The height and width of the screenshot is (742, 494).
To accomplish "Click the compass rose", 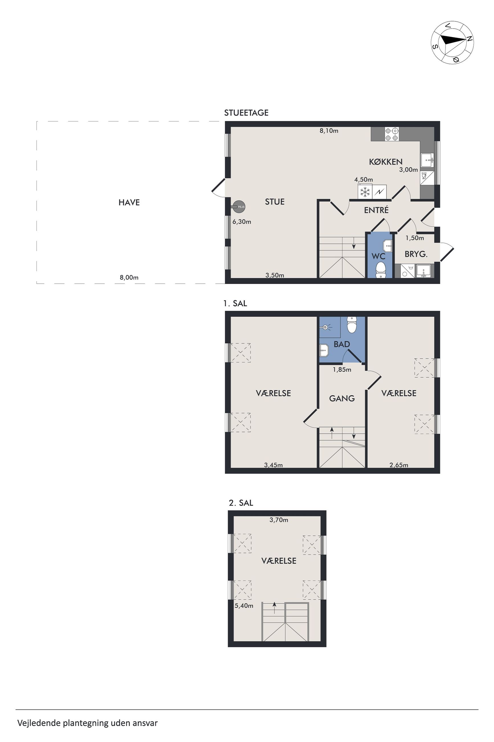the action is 452,43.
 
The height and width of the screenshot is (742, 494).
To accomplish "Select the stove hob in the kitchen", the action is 392,134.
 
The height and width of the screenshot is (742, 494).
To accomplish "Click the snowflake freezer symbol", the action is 365,192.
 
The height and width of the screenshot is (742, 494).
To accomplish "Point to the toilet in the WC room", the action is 381,270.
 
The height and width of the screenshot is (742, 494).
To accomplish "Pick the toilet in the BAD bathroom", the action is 351,324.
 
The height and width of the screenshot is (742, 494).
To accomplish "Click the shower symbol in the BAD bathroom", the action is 326,327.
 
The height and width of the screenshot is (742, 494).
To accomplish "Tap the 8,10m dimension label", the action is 329,130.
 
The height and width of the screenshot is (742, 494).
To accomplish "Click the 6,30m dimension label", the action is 242,222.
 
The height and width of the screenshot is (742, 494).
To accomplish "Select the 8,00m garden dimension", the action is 129,277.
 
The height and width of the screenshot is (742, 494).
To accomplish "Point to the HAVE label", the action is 129,202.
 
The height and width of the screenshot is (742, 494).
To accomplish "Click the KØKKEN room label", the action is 386,162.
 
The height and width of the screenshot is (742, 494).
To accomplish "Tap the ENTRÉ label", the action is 376,210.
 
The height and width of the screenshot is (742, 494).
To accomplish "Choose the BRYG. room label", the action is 416,254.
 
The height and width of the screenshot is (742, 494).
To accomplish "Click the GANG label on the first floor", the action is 342,399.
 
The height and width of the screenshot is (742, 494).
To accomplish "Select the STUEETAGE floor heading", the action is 246,113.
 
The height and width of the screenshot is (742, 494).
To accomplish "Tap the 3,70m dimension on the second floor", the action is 278,520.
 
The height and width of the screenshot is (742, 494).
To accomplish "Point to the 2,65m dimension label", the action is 399,465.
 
